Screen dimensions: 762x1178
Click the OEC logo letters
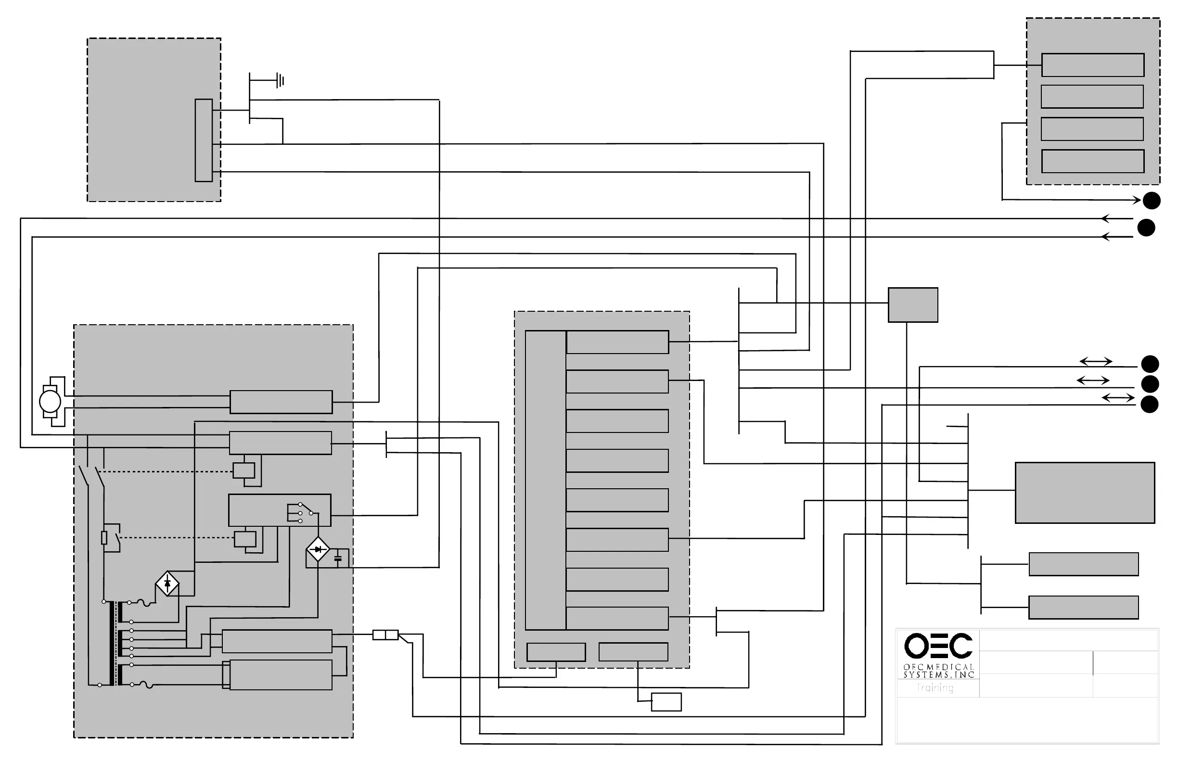click(938, 646)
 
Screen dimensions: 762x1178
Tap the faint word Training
click(935, 688)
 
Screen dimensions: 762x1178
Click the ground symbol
click(280, 80)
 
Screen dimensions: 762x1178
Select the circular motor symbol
click(50, 401)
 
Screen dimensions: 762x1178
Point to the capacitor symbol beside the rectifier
click(338, 559)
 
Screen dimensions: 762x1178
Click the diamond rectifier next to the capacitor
click(318, 549)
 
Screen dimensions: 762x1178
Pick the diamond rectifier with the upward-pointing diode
click(167, 584)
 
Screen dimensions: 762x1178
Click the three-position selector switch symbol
click(301, 513)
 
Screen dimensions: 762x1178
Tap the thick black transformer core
click(113, 643)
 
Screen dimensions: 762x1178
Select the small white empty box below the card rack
click(666, 702)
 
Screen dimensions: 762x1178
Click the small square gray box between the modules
click(913, 305)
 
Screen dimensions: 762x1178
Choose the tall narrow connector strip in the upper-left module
click(204, 140)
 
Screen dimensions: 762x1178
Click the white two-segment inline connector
click(385, 635)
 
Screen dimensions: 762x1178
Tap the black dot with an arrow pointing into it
click(1152, 201)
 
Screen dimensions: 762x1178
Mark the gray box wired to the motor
click(281, 402)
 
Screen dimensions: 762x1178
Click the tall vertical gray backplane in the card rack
click(545, 480)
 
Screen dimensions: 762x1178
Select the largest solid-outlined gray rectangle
click(1085, 493)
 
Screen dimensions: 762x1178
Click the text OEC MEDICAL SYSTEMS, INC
click(938, 671)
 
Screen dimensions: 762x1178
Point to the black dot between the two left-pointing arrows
click(1146, 228)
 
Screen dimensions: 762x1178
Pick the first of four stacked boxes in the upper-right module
click(1093, 65)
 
